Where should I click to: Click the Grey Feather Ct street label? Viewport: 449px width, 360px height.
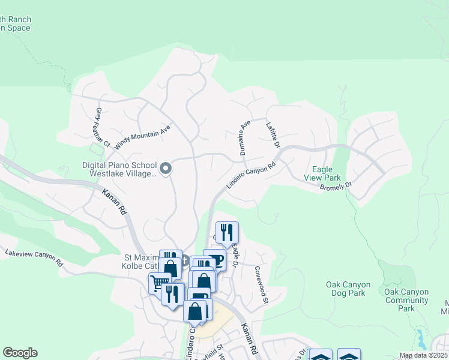(x=103, y=128)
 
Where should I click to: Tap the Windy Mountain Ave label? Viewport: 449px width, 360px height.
(x=143, y=135)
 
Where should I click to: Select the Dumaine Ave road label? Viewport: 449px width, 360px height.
(x=244, y=139)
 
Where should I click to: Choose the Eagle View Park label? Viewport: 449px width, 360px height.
(x=323, y=174)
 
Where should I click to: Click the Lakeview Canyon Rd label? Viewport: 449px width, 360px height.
(x=34, y=258)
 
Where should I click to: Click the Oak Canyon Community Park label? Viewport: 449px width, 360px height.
(x=406, y=300)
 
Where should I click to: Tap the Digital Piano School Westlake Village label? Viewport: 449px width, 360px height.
(x=120, y=169)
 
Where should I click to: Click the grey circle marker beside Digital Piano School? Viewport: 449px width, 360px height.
(x=167, y=169)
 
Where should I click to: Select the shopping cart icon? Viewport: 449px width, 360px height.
(x=158, y=281)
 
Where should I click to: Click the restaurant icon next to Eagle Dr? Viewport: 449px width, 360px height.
(x=227, y=232)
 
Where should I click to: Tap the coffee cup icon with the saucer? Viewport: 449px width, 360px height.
(x=214, y=259)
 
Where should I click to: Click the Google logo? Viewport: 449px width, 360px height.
(x=20, y=353)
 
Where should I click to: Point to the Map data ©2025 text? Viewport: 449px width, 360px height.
(x=423, y=355)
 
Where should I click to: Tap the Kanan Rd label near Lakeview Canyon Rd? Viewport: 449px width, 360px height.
(x=115, y=202)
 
